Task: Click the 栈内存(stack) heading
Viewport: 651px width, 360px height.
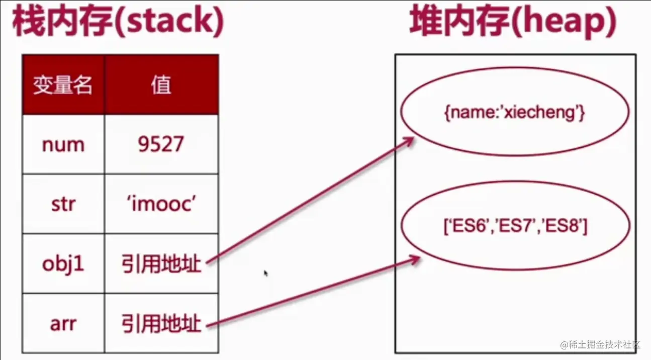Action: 117,23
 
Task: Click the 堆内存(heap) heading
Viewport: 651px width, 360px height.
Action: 513,23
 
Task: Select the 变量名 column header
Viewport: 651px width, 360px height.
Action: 63,85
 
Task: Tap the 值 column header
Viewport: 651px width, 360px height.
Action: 161,85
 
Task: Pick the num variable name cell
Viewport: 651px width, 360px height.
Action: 63,145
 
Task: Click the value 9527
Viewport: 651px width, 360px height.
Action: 161,145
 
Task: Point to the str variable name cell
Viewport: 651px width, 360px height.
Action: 63,205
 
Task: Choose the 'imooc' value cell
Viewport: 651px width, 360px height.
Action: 161,205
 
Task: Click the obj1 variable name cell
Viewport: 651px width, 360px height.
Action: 63,264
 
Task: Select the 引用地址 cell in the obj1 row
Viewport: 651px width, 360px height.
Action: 161,264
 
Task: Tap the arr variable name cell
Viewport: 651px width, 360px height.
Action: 63,323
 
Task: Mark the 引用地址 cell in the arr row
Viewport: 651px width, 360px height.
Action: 161,323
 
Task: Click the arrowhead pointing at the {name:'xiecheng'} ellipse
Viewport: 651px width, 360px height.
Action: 409,141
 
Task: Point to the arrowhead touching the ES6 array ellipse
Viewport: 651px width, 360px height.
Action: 414,260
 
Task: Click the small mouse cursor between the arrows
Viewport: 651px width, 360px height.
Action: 265,274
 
